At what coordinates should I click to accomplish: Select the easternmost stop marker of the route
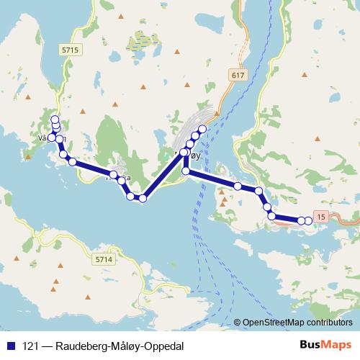[308, 220]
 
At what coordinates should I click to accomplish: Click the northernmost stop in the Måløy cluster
[202, 128]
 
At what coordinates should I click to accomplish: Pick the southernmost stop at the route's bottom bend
[143, 198]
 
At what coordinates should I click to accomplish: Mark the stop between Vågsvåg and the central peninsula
[73, 161]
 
